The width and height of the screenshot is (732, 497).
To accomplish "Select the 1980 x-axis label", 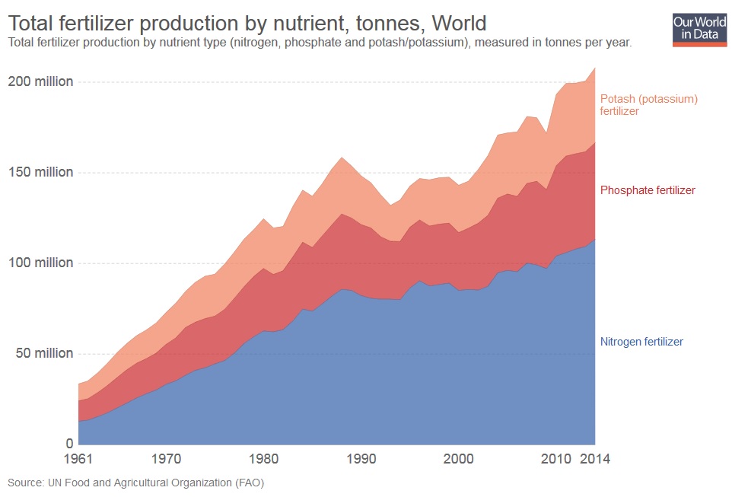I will click(x=263, y=459).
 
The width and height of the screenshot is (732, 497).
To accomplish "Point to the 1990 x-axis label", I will click(x=361, y=459).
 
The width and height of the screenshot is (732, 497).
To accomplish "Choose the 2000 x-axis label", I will click(x=459, y=459).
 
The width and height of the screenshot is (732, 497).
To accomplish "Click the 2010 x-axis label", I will click(x=555, y=459).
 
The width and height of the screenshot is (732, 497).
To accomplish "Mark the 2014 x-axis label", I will click(x=594, y=459).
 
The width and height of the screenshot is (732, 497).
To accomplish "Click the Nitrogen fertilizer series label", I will click(x=641, y=342).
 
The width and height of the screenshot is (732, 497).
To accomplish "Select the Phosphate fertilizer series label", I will click(x=648, y=190).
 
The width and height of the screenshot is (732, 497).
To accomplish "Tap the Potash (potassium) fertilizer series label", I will click(x=648, y=104).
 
